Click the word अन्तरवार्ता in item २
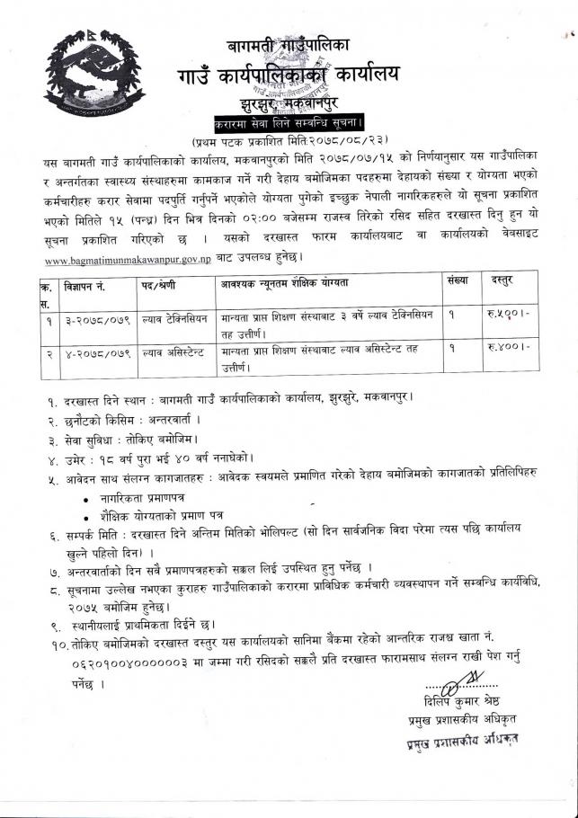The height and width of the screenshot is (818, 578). pos(165,421)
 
